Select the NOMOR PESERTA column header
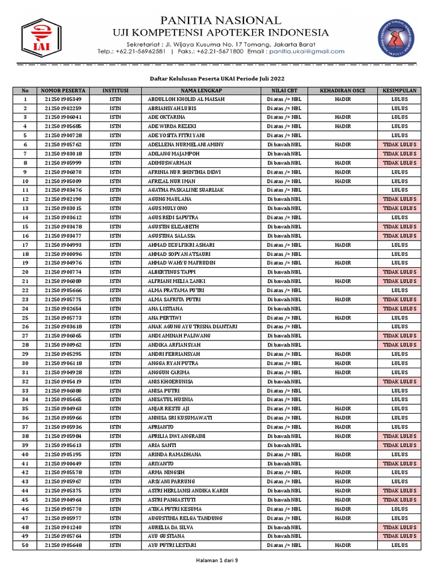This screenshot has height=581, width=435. (x=62, y=90)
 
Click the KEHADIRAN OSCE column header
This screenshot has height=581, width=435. (x=343, y=90)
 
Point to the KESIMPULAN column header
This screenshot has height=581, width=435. (x=399, y=90)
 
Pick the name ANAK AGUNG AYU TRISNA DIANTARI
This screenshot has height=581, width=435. (x=192, y=327)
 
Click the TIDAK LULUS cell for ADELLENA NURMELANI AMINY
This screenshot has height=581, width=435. (x=399, y=145)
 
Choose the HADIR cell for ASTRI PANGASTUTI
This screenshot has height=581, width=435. (x=343, y=500)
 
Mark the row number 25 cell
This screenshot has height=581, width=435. (x=25, y=318)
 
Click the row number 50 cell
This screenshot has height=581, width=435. (x=25, y=545)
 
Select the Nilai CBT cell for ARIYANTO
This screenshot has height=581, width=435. (x=284, y=464)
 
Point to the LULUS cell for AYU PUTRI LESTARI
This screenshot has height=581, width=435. (x=399, y=545)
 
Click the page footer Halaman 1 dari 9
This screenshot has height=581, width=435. (x=217, y=561)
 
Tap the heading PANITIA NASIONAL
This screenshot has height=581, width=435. (x=220, y=20)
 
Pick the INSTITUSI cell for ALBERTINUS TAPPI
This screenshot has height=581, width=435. (x=115, y=272)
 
